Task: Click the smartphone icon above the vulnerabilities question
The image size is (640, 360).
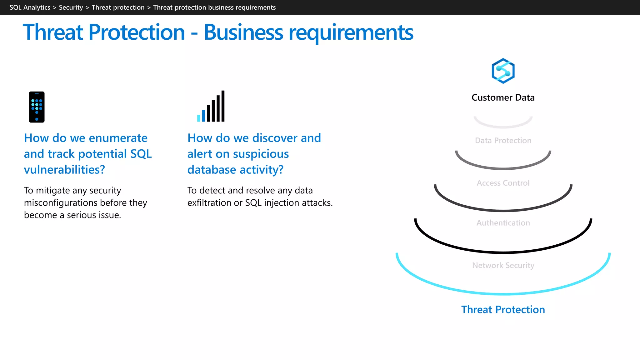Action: pyautogui.click(x=37, y=107)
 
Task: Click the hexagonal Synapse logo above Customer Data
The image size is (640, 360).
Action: pyautogui.click(x=503, y=71)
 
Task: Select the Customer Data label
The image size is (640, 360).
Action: pyautogui.click(x=503, y=97)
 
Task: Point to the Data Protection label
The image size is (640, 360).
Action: pyautogui.click(x=503, y=141)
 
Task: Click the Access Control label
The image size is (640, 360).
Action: pyautogui.click(x=503, y=183)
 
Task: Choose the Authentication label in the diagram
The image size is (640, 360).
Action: pyautogui.click(x=503, y=223)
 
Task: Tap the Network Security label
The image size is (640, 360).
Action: pyautogui.click(x=503, y=266)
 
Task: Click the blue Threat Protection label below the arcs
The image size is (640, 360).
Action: pyautogui.click(x=503, y=310)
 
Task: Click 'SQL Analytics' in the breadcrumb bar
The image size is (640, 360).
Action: pyautogui.click(x=30, y=7)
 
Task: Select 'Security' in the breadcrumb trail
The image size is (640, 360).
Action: pyautogui.click(x=71, y=7)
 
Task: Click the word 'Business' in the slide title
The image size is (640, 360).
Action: pyautogui.click(x=243, y=32)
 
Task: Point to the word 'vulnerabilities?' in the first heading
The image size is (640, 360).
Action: pyautogui.click(x=64, y=170)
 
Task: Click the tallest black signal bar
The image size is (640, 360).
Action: pyautogui.click(x=223, y=106)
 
